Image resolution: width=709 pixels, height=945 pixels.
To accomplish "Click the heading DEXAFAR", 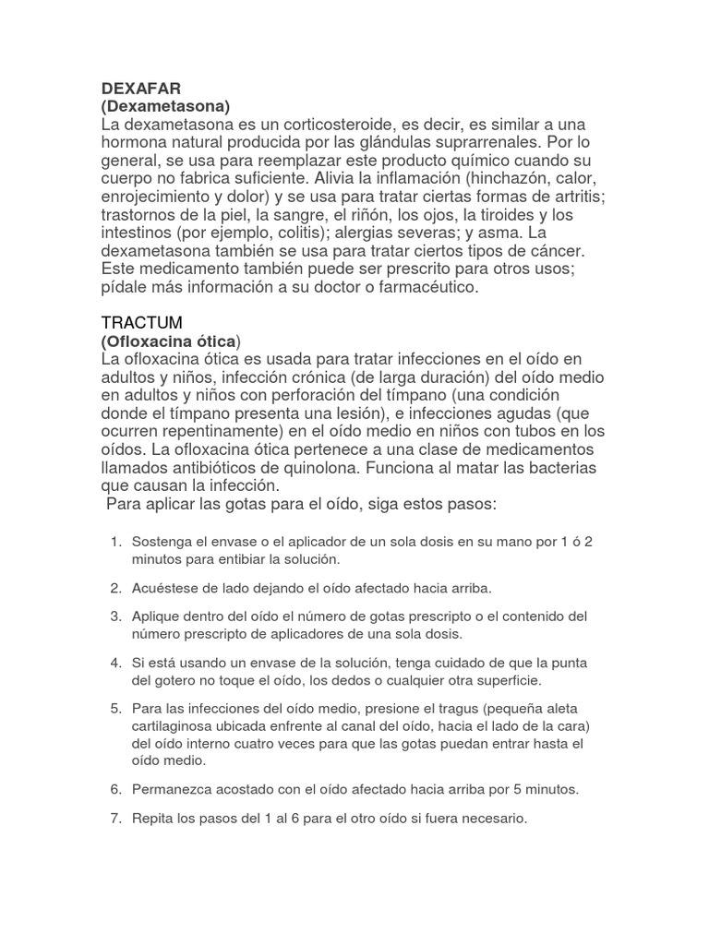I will [x=141, y=89].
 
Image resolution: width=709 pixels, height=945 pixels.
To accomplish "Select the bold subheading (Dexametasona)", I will [x=165, y=106].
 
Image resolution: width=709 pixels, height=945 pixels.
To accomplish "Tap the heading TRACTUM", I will [x=142, y=322].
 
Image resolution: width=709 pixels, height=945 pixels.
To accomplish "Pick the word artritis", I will [x=572, y=196].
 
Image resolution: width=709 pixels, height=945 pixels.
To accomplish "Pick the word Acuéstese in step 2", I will [x=165, y=587].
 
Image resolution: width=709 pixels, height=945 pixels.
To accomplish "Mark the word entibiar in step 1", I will [x=238, y=559].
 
